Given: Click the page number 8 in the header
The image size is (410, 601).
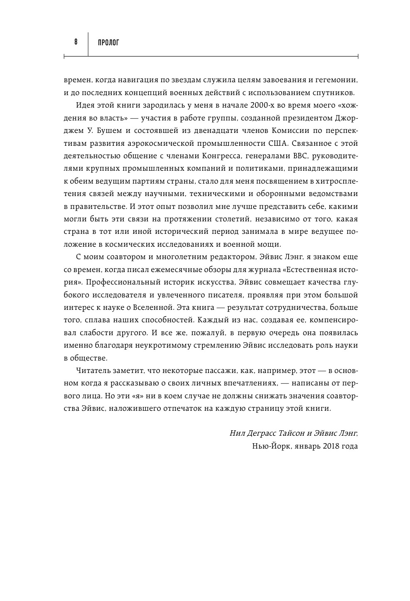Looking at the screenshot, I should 76,42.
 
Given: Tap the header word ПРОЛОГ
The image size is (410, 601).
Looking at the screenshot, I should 108,42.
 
